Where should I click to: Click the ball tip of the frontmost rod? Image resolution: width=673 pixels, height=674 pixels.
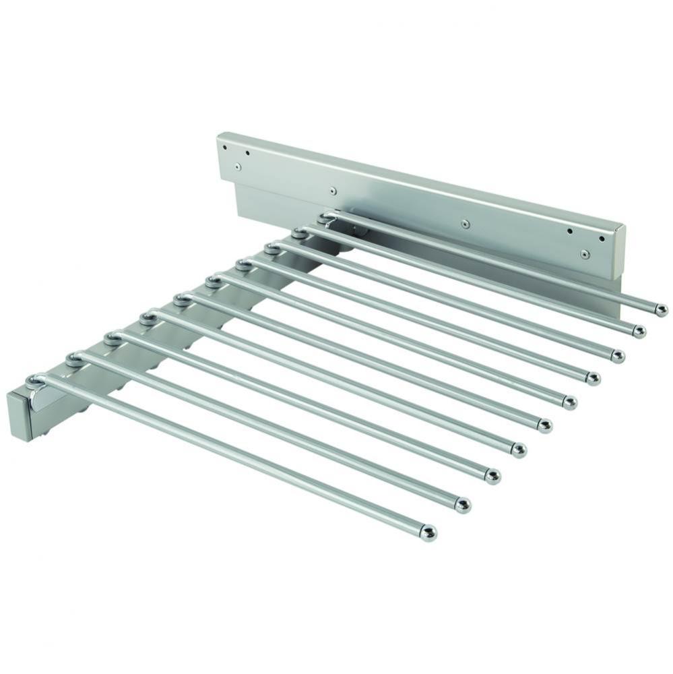pyautogui.click(x=430, y=532)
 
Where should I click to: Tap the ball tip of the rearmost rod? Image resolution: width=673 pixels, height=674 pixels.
pyautogui.click(x=662, y=309)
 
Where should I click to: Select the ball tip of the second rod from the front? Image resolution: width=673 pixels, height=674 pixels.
pyautogui.click(x=462, y=504)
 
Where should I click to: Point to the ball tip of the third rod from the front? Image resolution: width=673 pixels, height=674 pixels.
pyautogui.click(x=492, y=476)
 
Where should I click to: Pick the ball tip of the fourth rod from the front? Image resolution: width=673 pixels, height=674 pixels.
pyautogui.click(x=519, y=450)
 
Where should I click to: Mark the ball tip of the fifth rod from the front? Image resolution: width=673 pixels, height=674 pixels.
pyautogui.click(x=545, y=425)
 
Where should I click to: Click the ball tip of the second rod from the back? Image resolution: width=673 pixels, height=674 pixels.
pyautogui.click(x=639, y=331)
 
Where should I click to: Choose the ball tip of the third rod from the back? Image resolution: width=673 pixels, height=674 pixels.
pyautogui.click(x=617, y=355)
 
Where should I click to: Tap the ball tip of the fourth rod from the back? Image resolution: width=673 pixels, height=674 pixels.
pyautogui.click(x=593, y=378)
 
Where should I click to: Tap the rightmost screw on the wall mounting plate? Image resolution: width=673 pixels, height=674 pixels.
pyautogui.click(x=585, y=254)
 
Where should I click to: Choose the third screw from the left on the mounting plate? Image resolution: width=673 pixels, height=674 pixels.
pyautogui.click(x=464, y=222)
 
